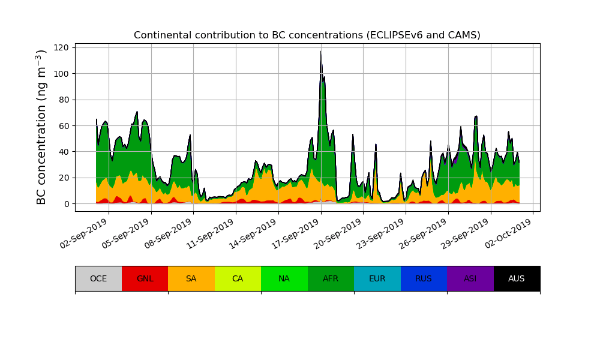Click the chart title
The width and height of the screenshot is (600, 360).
307,35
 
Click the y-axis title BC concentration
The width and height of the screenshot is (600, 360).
41,127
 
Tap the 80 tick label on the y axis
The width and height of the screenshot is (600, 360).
64,100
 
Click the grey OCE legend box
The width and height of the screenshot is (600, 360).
98,278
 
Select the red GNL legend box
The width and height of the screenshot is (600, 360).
145,278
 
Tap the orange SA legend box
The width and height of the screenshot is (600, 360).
191,278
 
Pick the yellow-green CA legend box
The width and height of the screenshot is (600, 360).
238,278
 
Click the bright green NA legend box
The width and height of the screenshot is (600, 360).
284,278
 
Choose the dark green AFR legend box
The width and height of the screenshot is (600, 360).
331,278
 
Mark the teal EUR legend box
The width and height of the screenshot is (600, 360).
377,278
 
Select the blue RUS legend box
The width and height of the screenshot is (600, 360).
424,278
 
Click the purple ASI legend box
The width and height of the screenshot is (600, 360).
470,278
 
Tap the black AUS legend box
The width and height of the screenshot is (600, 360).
517,278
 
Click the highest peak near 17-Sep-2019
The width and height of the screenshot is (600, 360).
321,52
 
